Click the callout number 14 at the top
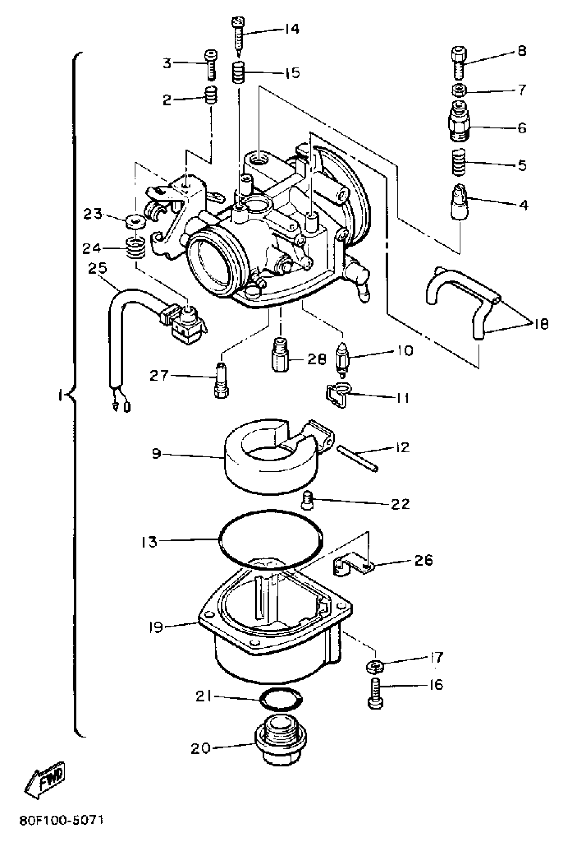pos(291,29)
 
